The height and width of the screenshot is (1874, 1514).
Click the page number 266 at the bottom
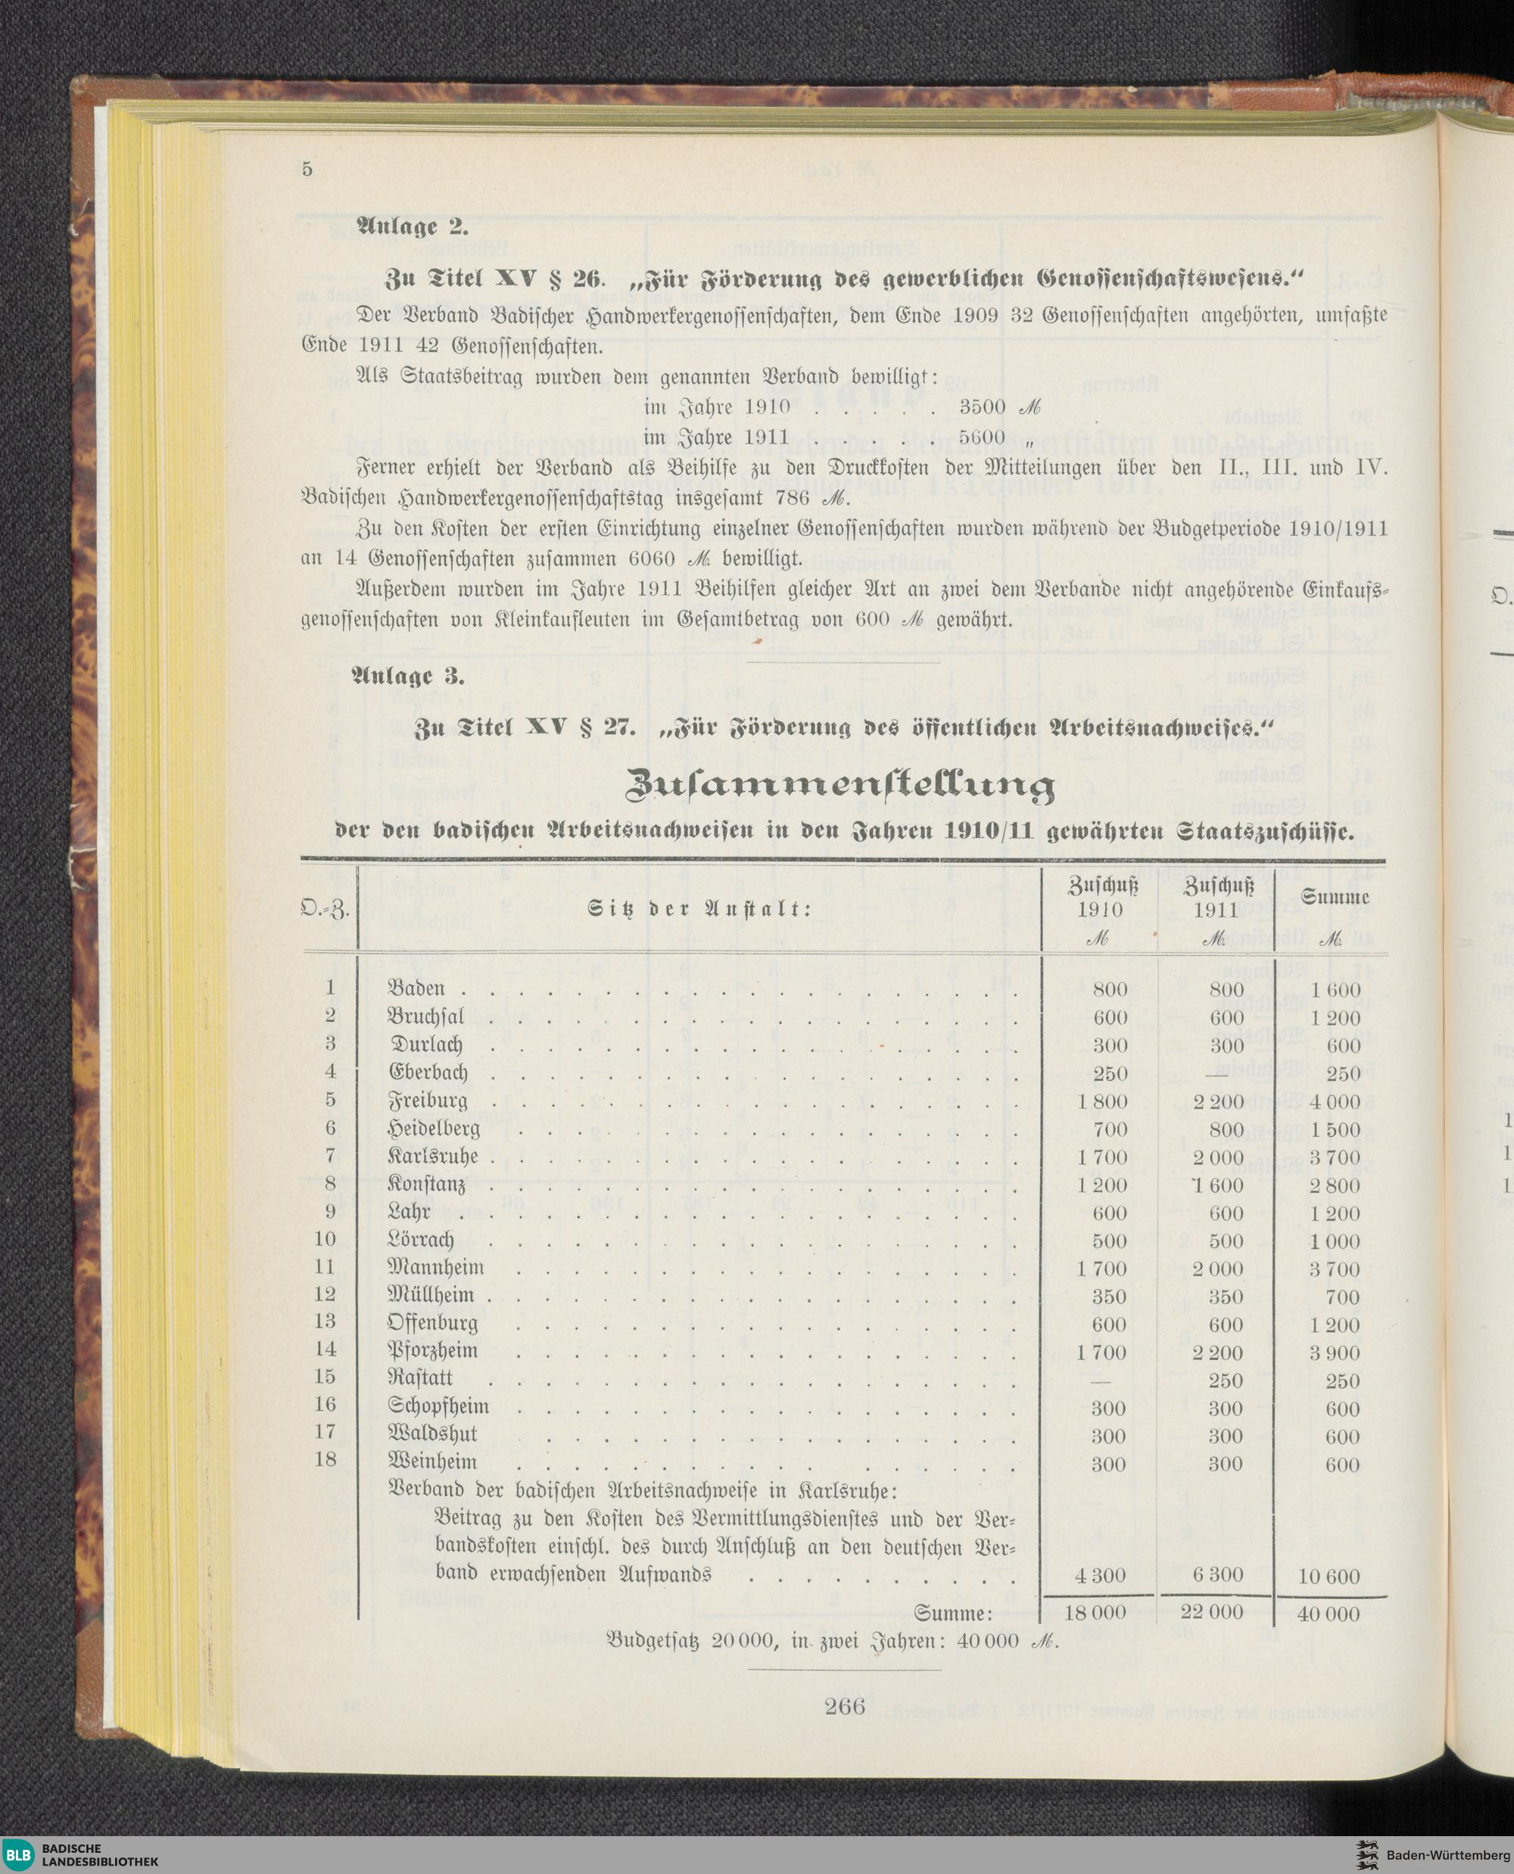pyautogui.click(x=843, y=1707)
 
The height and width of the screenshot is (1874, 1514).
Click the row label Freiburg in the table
pyautogui.click(x=428, y=1100)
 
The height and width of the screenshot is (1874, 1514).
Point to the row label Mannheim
pyautogui.click(x=436, y=1267)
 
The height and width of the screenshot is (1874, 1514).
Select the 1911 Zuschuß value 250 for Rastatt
pyautogui.click(x=1226, y=1381)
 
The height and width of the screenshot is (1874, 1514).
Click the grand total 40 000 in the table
pyautogui.click(x=1329, y=1614)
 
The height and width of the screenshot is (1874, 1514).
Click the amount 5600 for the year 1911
pyautogui.click(x=984, y=437)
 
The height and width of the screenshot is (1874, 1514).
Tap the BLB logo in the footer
pyautogui.click(x=17, y=1855)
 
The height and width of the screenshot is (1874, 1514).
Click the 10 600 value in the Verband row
pyautogui.click(x=1329, y=1577)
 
